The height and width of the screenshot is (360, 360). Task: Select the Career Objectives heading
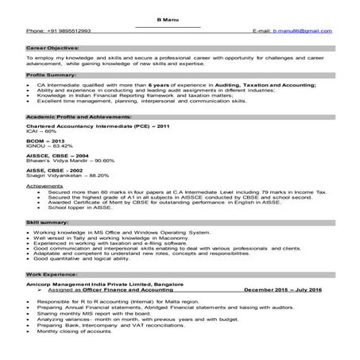click(52, 48)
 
